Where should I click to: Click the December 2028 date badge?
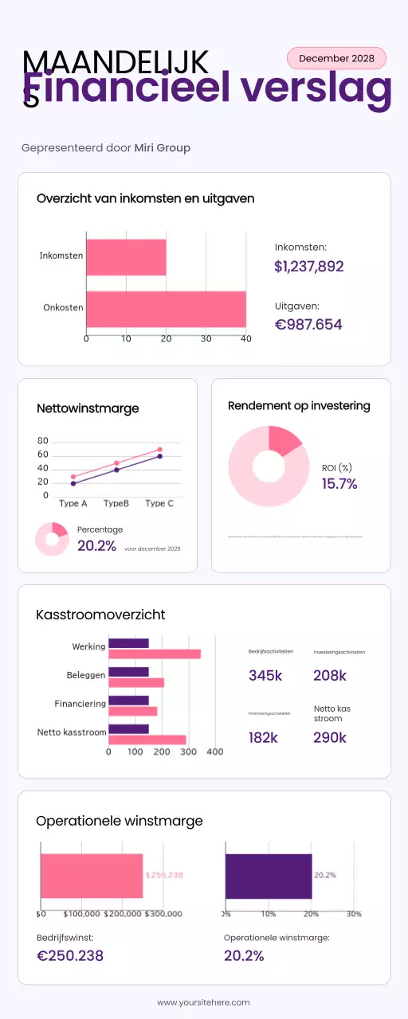[x=335, y=58]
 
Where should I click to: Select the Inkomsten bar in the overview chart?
[x=126, y=257]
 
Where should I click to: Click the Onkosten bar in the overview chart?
[x=166, y=309]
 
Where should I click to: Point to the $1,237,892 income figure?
[x=308, y=267]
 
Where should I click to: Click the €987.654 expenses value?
[x=308, y=324]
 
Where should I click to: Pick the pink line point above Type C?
[x=159, y=450]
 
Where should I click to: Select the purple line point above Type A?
[x=73, y=483]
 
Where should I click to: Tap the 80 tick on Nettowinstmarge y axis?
[x=43, y=441]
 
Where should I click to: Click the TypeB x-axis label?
[x=116, y=504]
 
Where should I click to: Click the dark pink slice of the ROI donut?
[x=283, y=439]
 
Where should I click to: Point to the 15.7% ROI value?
[x=339, y=484]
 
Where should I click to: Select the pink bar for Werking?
[x=154, y=654]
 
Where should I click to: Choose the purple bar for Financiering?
[x=128, y=701]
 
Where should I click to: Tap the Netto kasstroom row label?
[x=71, y=732]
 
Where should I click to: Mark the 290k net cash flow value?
[x=330, y=738]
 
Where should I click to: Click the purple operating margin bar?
[x=269, y=876]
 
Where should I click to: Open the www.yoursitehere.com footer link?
[x=203, y=1002]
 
